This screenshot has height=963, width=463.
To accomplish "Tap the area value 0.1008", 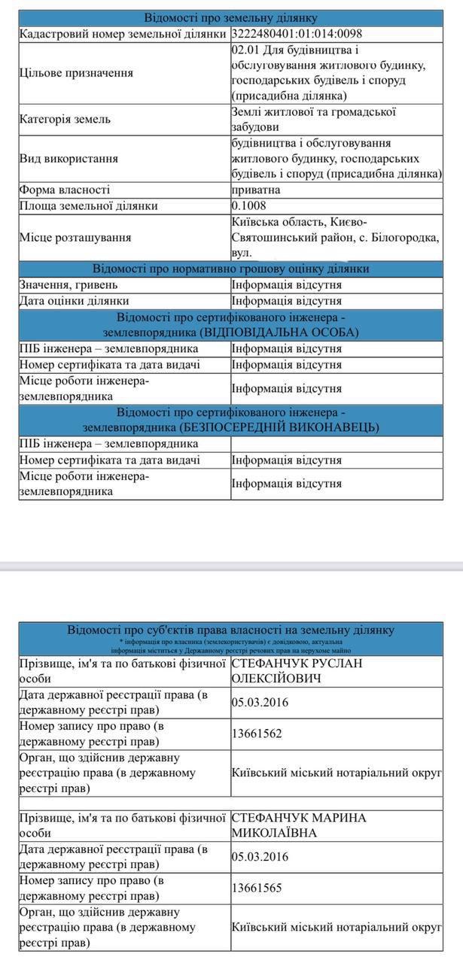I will tap(249, 205).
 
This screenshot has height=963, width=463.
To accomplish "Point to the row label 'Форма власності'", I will tap(65, 190).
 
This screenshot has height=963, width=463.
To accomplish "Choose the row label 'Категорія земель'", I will tap(65, 119).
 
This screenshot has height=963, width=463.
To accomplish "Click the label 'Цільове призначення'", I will tap(76, 73).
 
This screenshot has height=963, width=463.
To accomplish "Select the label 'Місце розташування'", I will tap(75, 237).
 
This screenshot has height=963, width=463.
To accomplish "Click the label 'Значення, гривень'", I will tap(69, 285).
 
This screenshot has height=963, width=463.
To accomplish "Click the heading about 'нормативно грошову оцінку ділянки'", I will tap(231, 269).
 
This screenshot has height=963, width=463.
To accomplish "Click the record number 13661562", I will tap(257, 734).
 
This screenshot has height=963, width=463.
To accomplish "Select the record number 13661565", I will tap(257, 888).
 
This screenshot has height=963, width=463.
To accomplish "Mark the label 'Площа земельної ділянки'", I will tap(89, 205).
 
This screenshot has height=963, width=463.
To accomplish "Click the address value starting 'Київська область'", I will tap(335, 237).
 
